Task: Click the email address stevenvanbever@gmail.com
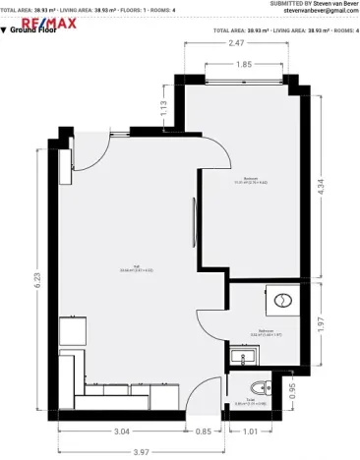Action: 322,11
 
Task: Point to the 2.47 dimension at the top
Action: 237,43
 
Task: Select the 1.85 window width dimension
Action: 243,64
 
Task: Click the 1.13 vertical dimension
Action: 163,109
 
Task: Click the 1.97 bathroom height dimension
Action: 320,324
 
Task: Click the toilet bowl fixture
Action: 260,386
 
